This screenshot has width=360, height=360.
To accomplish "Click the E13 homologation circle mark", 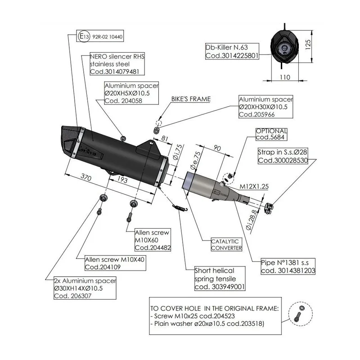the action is pyautogui.click(x=84, y=36).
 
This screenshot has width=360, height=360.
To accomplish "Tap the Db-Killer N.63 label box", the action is pyautogui.click(x=232, y=51).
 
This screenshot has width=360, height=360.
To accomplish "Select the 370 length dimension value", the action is pyautogui.click(x=86, y=177).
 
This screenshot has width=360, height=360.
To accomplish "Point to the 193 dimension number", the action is pyautogui.click(x=122, y=179).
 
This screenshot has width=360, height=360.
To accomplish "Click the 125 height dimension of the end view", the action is pyautogui.click(x=308, y=45).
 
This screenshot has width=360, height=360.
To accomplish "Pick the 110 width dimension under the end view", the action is pyautogui.click(x=285, y=77).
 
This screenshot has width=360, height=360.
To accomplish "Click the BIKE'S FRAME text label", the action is pyautogui.click(x=191, y=99).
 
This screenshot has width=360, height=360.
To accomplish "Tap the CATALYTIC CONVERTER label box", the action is pyautogui.click(x=226, y=244).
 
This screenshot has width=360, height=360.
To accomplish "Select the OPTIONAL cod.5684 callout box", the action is pyautogui.click(x=271, y=134).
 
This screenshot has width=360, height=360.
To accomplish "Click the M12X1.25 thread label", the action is pyautogui.click(x=254, y=186).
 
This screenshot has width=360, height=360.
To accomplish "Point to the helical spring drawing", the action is pyautogui.click(x=180, y=207).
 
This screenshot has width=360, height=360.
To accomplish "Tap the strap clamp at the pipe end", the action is pyautogui.click(x=269, y=208).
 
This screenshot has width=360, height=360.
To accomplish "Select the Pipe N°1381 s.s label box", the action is pyautogui.click(x=288, y=266).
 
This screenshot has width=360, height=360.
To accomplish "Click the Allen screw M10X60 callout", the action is pyautogui.click(x=153, y=240).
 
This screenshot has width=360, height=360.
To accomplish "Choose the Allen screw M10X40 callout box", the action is pyautogui.click(x=115, y=263).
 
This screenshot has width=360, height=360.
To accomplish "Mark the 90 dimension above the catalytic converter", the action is pyautogui.click(x=217, y=148).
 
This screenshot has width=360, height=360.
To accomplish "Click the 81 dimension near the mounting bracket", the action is pyautogui.click(x=165, y=138).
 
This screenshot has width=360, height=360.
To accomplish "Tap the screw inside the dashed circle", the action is pyautogui.click(x=297, y=317).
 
